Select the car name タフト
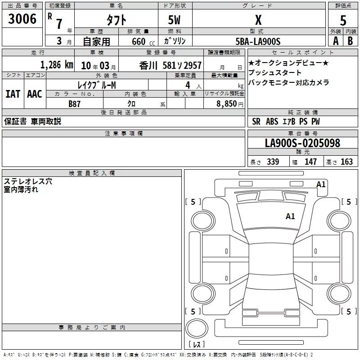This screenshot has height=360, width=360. tap(116, 20)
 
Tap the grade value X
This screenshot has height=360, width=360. tap(258, 20)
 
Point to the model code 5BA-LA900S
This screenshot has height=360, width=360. tap(258, 41)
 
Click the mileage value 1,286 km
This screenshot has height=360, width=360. tap(57, 65)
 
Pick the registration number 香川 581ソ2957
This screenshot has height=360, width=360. tap(171, 65)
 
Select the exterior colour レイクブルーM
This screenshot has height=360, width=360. tap(97, 85)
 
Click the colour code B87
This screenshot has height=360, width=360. tap(74, 104)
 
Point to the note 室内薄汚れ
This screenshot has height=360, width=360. tap(21, 189)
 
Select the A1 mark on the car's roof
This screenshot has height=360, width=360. tap(290, 216)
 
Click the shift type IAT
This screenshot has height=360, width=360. tap(13, 94)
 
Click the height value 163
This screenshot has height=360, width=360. tap(347, 162)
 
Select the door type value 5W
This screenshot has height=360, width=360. tap(175, 20)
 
